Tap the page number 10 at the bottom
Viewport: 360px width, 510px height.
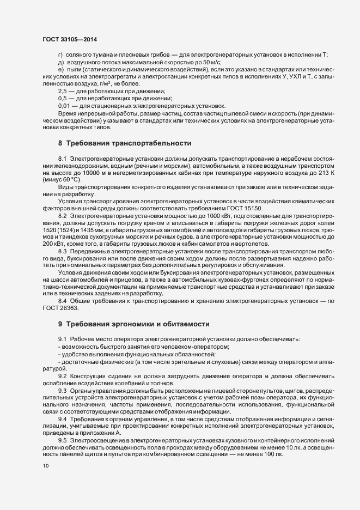point(45,466)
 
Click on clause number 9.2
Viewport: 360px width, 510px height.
point(62,376)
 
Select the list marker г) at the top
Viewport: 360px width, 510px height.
point(60,56)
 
